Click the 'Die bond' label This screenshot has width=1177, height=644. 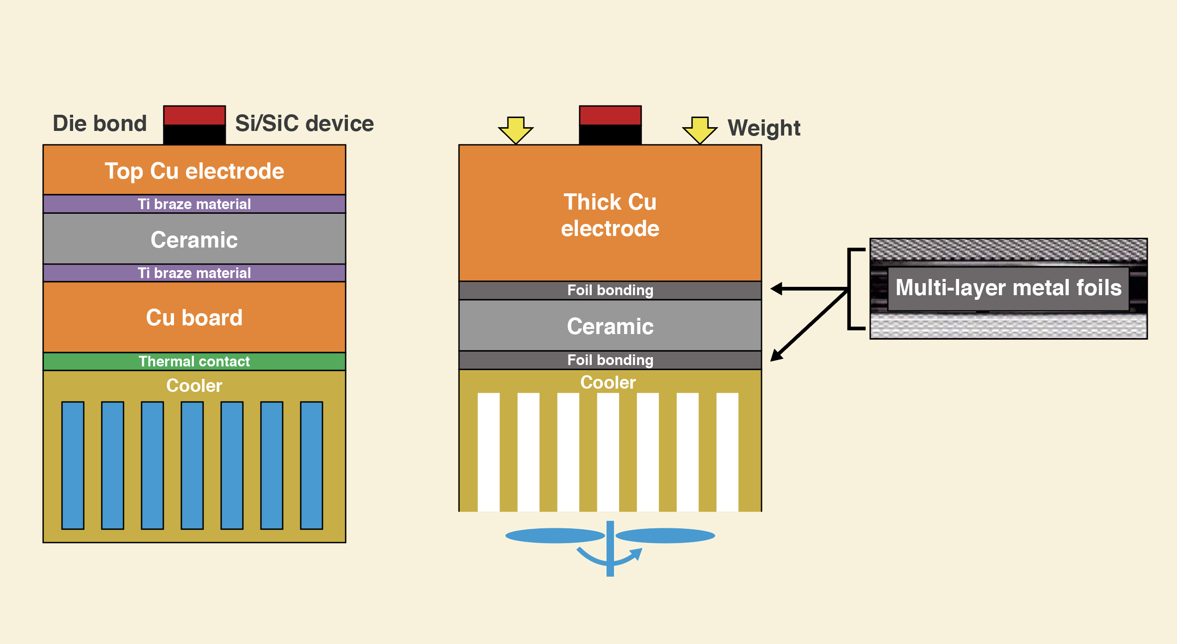[99, 124]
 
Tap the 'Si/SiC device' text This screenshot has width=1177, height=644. [304, 124]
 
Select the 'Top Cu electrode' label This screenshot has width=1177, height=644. [194, 171]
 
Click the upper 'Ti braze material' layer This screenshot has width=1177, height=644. [194, 204]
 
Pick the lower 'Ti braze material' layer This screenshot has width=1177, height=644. [194, 273]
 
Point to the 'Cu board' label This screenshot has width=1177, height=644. [194, 318]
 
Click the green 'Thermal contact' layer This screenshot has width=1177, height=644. [194, 361]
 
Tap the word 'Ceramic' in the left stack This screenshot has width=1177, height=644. [194, 240]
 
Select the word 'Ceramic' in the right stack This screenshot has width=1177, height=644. [610, 326]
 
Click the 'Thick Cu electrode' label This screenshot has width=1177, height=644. [610, 215]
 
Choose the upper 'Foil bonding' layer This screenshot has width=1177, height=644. [610, 290]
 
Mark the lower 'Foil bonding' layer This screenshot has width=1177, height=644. [610, 360]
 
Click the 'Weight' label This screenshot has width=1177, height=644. [764, 128]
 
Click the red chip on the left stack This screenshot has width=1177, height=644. [194, 115]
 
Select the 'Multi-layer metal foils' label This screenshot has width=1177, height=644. [1009, 288]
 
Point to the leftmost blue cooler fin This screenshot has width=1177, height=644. [73, 465]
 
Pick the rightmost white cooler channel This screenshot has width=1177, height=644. [727, 452]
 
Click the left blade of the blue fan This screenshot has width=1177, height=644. [555, 536]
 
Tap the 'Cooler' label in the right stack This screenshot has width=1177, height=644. [608, 383]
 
